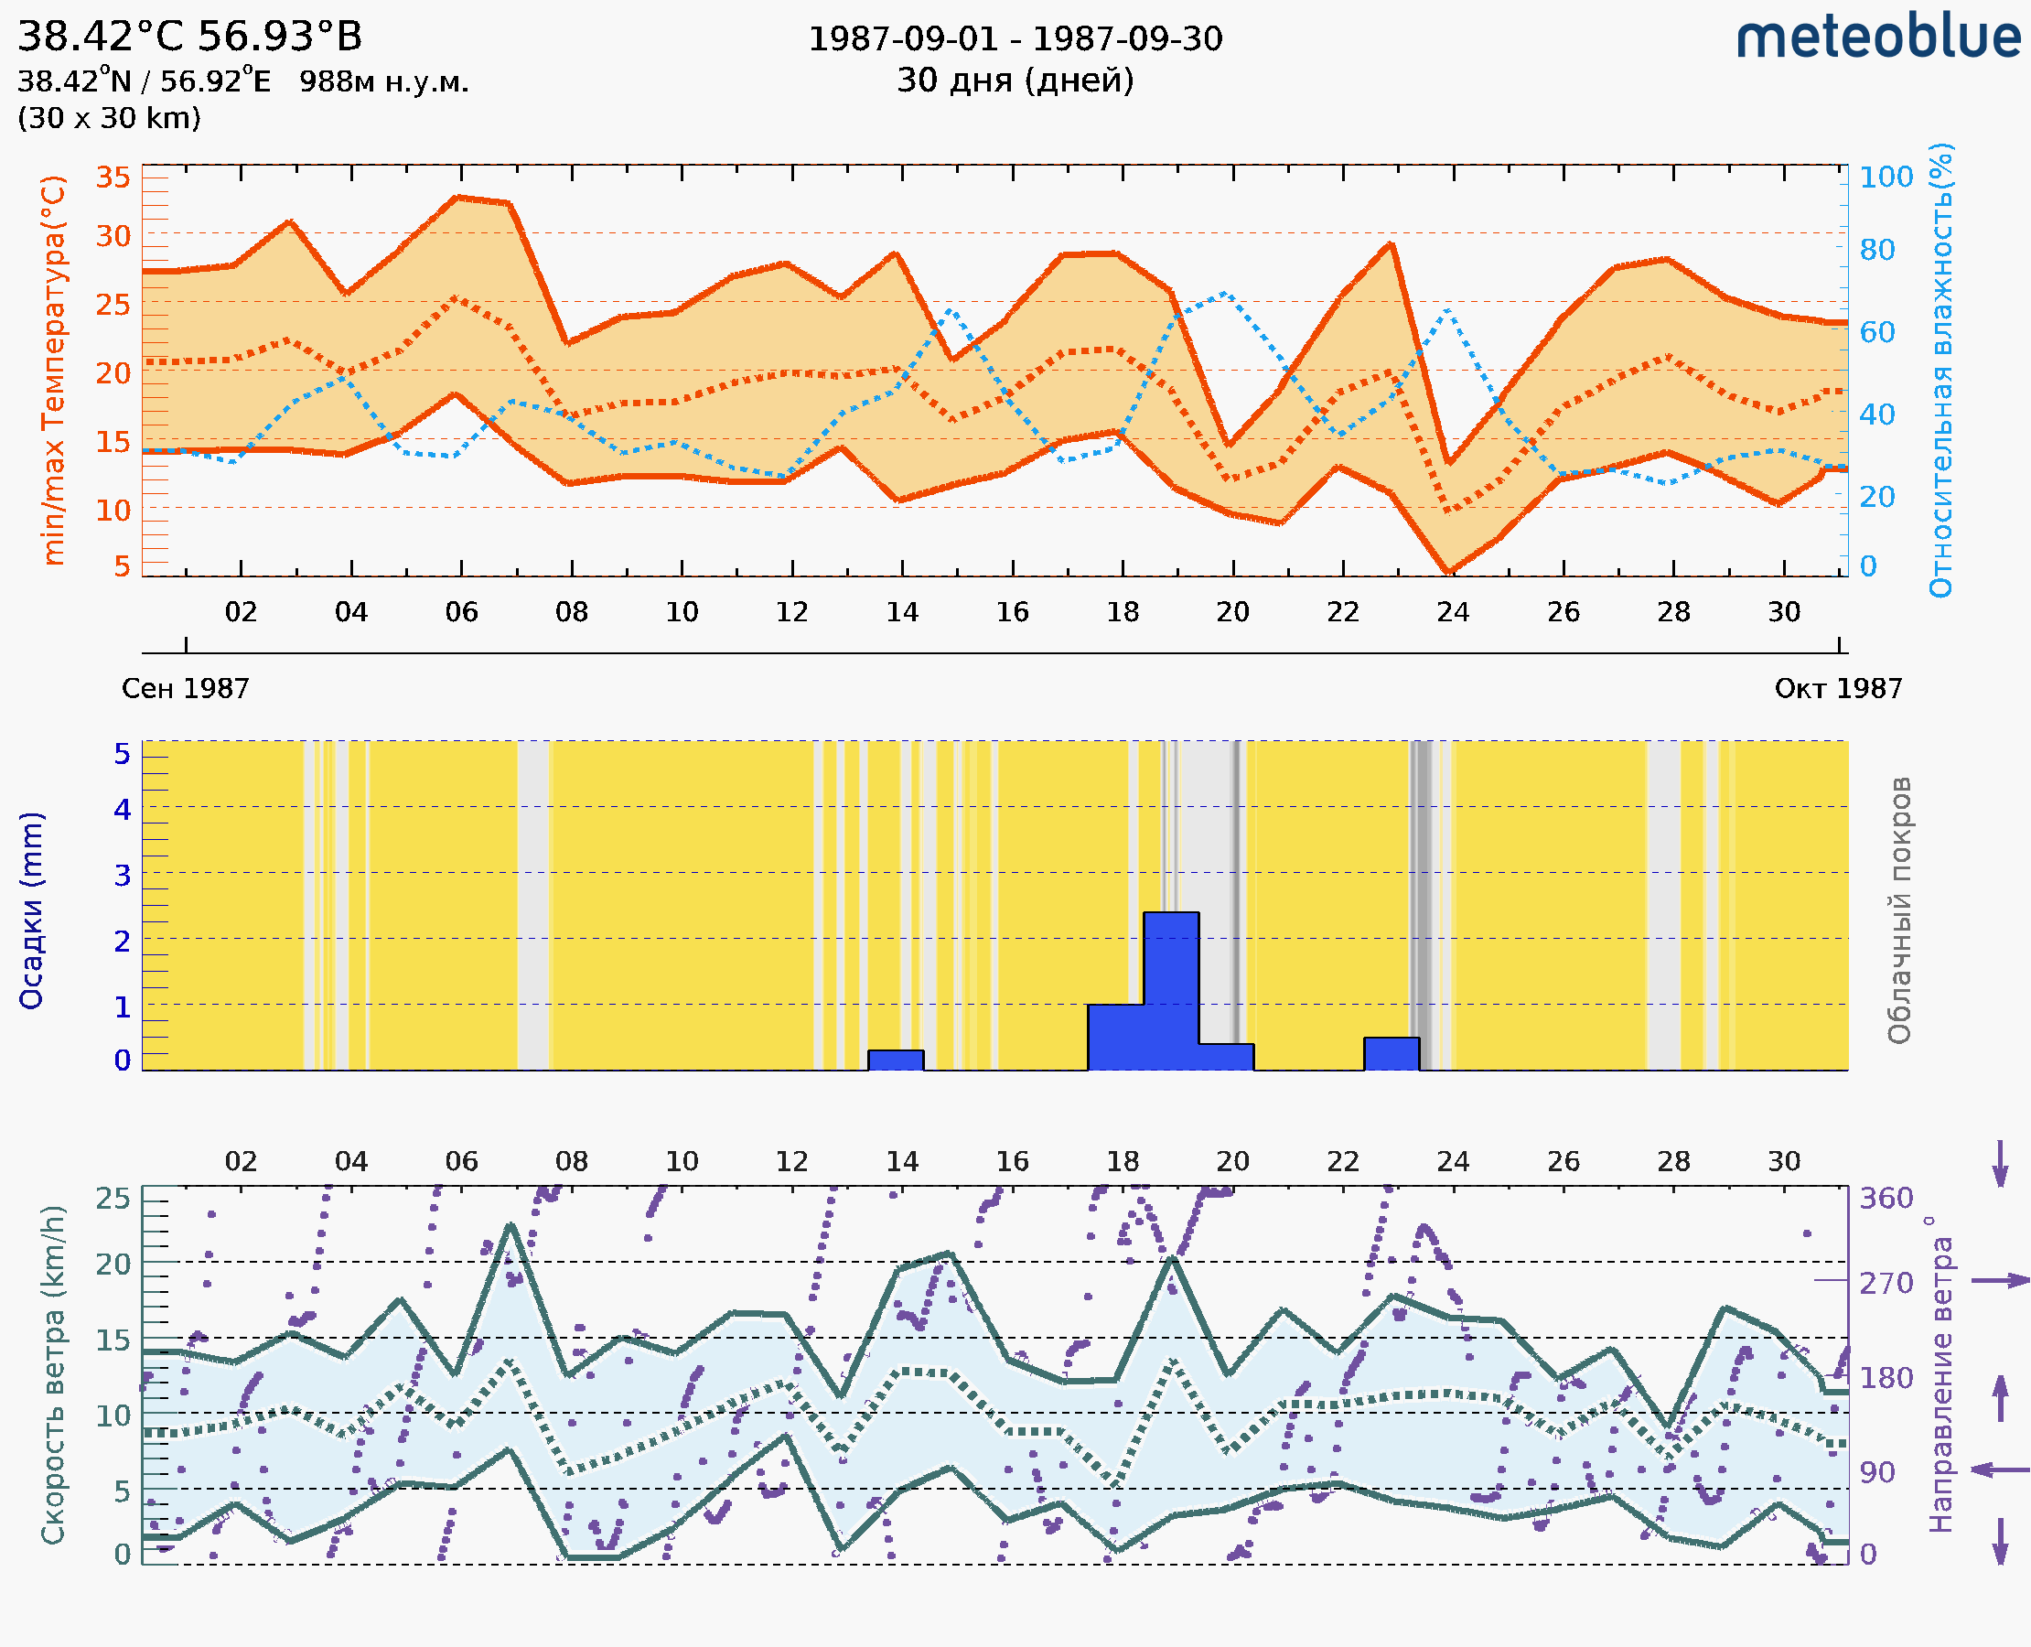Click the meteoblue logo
pos(1877,38)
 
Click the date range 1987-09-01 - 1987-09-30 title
pos(1015,39)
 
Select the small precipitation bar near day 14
pos(896,1060)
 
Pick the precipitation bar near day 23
pos(1391,1053)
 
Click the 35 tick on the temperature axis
pos(113,178)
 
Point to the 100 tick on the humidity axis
pos(1886,178)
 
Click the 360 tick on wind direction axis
pos(1886,1199)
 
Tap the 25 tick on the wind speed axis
pos(113,1199)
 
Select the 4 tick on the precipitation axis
pos(123,809)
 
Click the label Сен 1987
pos(185,689)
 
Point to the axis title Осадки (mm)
pos(31,910)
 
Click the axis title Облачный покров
pos(1899,910)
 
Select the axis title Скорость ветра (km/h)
pos(54,1374)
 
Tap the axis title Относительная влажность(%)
pos(1940,370)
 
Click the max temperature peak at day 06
pos(457,198)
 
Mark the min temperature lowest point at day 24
pos(1448,572)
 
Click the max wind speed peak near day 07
pos(510,1226)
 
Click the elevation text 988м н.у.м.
pos(384,81)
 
